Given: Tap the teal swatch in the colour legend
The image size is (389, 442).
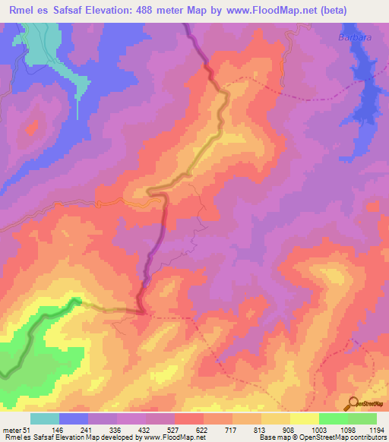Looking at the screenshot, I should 45,418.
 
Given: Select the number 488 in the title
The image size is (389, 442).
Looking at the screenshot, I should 172,11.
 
